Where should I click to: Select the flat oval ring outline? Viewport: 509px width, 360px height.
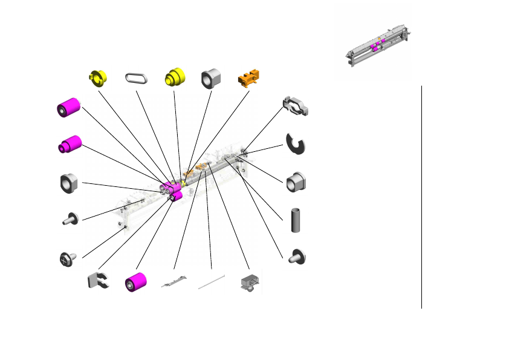[x=136, y=77]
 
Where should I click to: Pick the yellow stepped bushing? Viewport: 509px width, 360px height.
[x=175, y=77]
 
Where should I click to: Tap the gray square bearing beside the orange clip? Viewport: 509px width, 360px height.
[x=210, y=77]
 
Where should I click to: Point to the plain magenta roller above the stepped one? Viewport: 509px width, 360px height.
[x=69, y=108]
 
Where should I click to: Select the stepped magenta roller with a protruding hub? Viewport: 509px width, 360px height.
[x=70, y=145]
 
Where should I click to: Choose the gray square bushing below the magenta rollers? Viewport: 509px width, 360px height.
[x=70, y=183]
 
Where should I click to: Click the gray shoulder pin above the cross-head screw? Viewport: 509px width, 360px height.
[x=71, y=218]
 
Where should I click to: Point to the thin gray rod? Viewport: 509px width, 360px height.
[x=212, y=282]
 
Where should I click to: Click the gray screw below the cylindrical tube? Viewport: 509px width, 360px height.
[x=297, y=257]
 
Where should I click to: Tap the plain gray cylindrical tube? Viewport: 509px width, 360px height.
[x=296, y=220]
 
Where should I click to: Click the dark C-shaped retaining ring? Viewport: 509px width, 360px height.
[x=296, y=143]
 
